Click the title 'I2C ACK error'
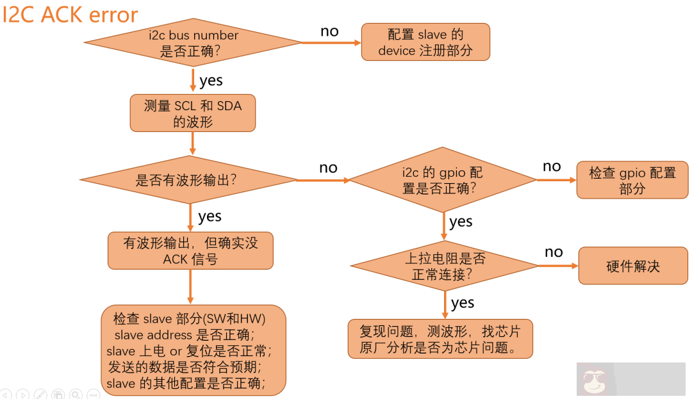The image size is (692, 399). click(x=70, y=14)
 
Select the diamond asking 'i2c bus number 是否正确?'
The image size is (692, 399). click(x=192, y=43)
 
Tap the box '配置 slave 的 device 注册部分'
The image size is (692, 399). click(x=425, y=42)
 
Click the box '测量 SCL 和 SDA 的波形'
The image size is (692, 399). click(x=192, y=113)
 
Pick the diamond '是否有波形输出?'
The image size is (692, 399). click(x=187, y=180)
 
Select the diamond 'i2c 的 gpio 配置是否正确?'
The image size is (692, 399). click(x=443, y=180)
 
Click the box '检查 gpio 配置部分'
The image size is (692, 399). click(x=632, y=181)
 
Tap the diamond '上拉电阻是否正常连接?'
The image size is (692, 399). click(x=444, y=266)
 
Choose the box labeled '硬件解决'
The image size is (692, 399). click(x=632, y=266)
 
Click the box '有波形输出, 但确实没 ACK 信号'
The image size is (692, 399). click(x=190, y=250)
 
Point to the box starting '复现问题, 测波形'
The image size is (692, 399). click(x=440, y=339)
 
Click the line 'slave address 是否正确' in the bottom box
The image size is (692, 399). click(x=185, y=335)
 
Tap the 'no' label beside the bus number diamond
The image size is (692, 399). click(x=329, y=31)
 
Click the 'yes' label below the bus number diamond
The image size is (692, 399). click(x=211, y=81)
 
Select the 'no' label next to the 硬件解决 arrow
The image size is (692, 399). click(x=554, y=252)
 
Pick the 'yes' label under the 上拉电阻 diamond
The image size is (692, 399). click(x=463, y=302)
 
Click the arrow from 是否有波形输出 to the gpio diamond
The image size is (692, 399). click(x=323, y=181)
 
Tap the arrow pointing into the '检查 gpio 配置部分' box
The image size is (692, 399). click(x=556, y=180)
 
